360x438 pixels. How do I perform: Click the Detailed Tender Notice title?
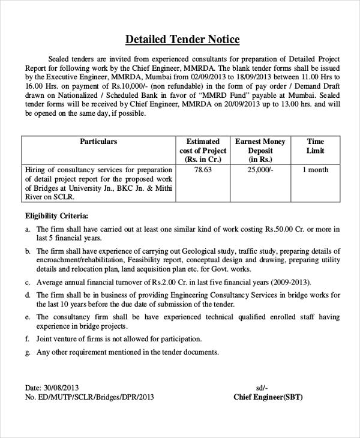(182, 40)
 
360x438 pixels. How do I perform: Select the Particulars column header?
(98, 142)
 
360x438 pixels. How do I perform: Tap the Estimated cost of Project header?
(203, 151)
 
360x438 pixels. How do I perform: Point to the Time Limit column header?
(315, 146)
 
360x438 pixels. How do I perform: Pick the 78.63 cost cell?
(203, 170)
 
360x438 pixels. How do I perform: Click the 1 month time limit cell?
(315, 170)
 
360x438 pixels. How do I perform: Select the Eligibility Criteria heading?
(56, 215)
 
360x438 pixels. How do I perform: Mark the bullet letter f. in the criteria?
(28, 339)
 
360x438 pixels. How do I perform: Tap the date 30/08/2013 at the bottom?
(62, 388)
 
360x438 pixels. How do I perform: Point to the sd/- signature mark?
(262, 388)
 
